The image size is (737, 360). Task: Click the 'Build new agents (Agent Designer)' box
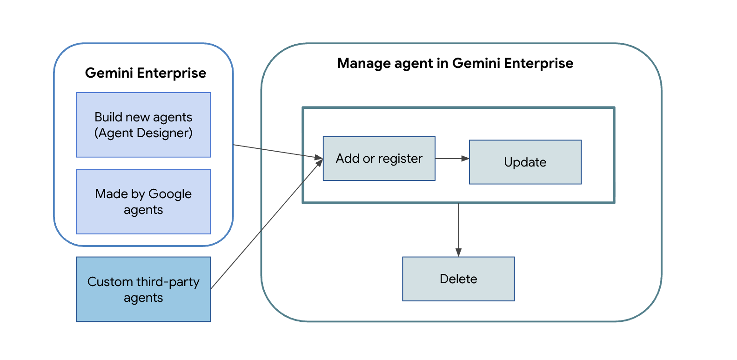(x=143, y=125)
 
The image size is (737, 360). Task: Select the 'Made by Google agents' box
(x=143, y=201)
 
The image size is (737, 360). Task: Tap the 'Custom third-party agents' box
(x=143, y=289)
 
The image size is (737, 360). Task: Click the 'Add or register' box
(x=379, y=159)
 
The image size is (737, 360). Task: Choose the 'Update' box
(x=525, y=162)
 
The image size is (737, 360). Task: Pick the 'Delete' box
(x=458, y=279)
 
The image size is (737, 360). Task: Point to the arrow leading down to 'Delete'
(x=458, y=228)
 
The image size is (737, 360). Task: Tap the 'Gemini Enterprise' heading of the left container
(x=145, y=73)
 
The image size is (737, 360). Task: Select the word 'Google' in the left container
(x=170, y=194)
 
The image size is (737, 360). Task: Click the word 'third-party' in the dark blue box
(x=168, y=282)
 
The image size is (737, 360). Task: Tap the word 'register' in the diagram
(x=400, y=159)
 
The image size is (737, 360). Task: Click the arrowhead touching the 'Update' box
(x=465, y=159)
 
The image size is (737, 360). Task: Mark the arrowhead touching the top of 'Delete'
(x=458, y=253)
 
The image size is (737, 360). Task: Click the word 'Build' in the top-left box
(x=108, y=117)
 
